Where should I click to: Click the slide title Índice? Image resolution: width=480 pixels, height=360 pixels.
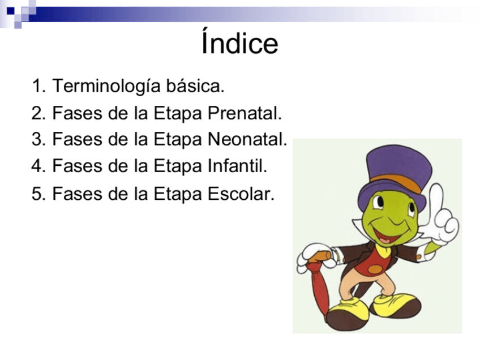pos(239,41)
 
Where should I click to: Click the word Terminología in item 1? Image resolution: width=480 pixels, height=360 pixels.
pos(106,86)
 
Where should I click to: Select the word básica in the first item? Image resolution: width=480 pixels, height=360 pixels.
pos(195,85)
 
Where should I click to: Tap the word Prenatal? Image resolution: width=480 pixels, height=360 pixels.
pos(245,113)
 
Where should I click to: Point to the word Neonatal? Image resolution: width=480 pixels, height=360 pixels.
pos(247,139)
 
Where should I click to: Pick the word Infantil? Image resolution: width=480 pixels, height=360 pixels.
pos(238,166)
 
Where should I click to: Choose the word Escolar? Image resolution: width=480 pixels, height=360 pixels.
pos(241,194)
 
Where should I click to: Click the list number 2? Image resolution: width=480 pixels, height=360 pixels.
pos(38,113)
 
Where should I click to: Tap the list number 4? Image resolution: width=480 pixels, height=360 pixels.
pos(38,166)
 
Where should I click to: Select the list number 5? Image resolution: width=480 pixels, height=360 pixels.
pos(38,194)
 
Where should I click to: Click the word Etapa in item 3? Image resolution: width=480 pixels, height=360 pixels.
pos(178,140)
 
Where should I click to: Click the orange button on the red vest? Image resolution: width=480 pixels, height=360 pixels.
pos(375,269)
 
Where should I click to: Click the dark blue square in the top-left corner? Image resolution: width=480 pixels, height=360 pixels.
pos(11,11)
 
